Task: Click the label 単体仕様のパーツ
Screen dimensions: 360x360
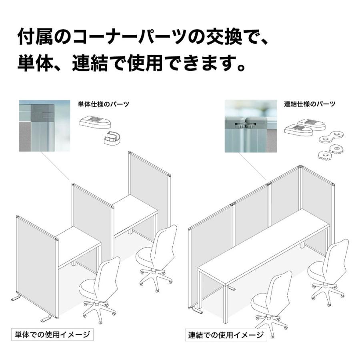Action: pos(103,104)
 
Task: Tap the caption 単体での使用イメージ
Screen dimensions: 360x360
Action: pos(52,334)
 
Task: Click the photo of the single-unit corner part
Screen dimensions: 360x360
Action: pos(44,126)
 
